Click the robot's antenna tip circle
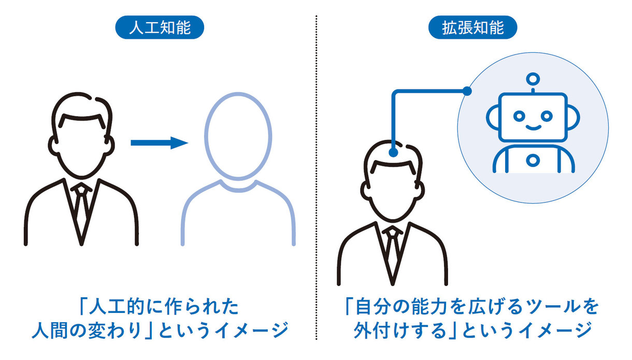point(532,79)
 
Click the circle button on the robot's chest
point(533,160)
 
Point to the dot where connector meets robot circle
point(467,91)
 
